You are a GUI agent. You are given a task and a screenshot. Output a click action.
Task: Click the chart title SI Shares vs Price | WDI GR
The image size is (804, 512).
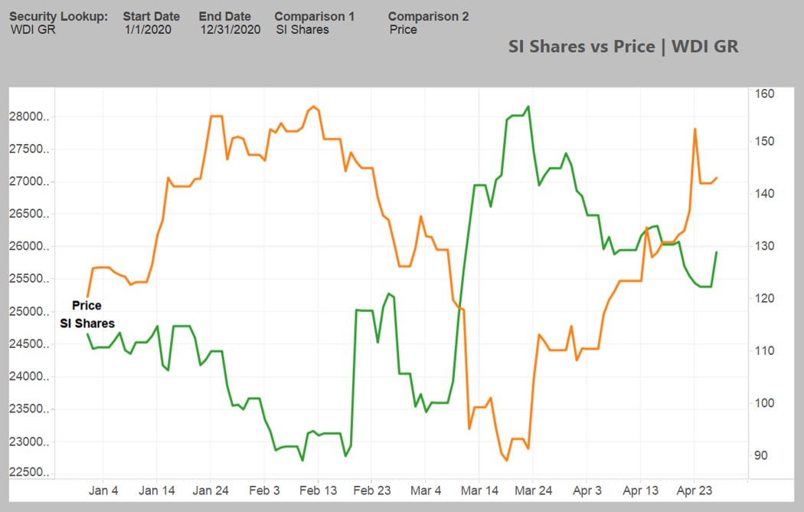pyautogui.click(x=623, y=46)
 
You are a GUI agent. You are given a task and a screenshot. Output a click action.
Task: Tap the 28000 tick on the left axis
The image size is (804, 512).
pyautogui.click(x=33, y=117)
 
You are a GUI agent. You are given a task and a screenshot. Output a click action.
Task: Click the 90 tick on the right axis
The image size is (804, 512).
pyautogui.click(x=761, y=455)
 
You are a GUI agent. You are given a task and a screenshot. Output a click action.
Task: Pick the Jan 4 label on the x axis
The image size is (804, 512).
pyautogui.click(x=103, y=491)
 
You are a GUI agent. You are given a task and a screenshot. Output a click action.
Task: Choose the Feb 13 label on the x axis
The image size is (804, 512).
pyautogui.click(x=319, y=491)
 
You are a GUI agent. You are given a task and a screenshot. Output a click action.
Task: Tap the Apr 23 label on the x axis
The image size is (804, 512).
pyautogui.click(x=695, y=491)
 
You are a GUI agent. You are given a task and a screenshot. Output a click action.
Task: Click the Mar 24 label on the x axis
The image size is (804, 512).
pyautogui.click(x=534, y=491)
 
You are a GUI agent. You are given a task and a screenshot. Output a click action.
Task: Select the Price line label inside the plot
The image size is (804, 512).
pyautogui.click(x=87, y=305)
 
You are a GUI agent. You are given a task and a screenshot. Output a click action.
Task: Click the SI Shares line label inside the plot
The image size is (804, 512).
pyautogui.click(x=87, y=323)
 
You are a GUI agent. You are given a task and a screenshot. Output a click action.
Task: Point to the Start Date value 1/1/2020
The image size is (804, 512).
pyautogui.click(x=148, y=30)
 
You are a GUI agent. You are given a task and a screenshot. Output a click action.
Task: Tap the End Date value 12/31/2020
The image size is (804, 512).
pyautogui.click(x=230, y=30)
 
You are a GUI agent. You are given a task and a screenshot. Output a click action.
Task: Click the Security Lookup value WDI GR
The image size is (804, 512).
pyautogui.click(x=33, y=30)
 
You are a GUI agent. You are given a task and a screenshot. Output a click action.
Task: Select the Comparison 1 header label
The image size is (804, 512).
pyautogui.click(x=315, y=16)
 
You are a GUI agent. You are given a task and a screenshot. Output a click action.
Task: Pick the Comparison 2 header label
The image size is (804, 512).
pyautogui.click(x=428, y=16)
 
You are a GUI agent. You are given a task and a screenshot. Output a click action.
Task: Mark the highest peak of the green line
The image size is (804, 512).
pyautogui.click(x=528, y=107)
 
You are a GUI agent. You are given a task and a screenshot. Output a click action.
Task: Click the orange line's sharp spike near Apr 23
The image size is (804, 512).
pyautogui.click(x=695, y=129)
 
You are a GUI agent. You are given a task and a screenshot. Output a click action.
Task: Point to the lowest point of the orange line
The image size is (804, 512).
pyautogui.click(x=507, y=461)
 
